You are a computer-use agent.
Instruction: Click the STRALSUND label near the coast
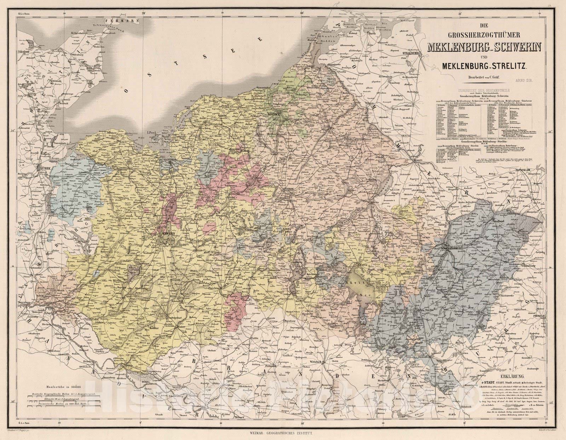(x=411, y=53)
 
